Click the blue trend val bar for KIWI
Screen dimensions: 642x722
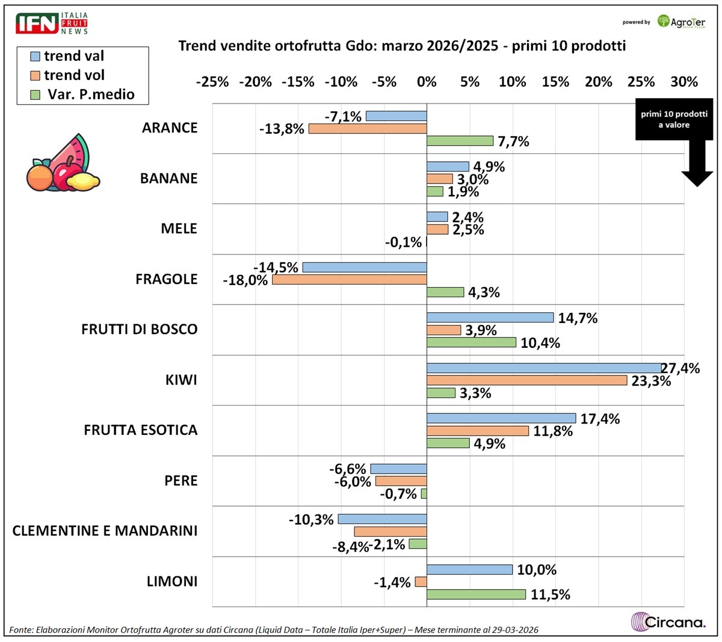click(x=544, y=368)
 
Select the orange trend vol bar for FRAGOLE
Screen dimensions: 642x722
click(x=350, y=279)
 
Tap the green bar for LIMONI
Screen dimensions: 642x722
click(x=476, y=594)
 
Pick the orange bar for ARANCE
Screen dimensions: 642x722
click(x=368, y=128)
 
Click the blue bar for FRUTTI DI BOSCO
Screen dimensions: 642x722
click(x=490, y=317)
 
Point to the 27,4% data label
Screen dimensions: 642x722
click(x=680, y=368)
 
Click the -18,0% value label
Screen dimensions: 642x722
click(x=245, y=280)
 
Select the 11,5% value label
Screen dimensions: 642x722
click(x=551, y=594)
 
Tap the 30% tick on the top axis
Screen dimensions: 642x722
click(x=684, y=82)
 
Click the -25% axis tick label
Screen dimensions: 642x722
click(x=212, y=82)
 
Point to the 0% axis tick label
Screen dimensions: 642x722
click(x=427, y=82)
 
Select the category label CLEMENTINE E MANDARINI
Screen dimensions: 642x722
click(x=105, y=531)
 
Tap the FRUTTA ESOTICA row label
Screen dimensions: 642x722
click(x=140, y=430)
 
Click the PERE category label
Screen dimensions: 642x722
click(x=180, y=481)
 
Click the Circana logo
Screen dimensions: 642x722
click(x=668, y=621)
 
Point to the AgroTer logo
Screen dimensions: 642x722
click(x=682, y=22)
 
